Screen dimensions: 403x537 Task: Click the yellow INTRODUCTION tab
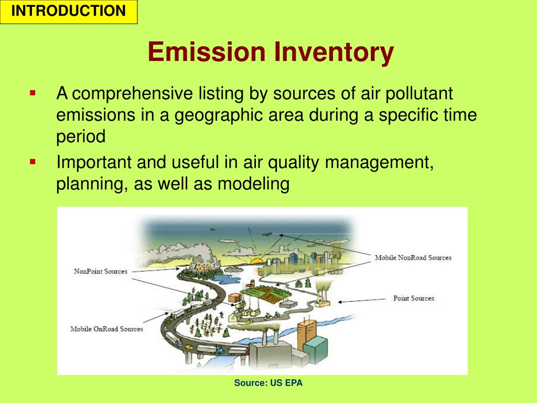pos(69,12)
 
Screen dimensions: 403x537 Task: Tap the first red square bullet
pos(33,93)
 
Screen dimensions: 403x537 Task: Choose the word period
pos(81,136)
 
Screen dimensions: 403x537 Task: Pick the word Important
pos(94,163)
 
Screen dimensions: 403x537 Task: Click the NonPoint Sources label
pos(100,271)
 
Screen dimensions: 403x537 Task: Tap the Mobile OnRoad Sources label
pos(106,329)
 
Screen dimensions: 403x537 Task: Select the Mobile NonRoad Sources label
pos(413,258)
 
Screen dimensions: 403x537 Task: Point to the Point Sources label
pos(414,298)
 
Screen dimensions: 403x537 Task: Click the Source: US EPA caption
pos(268,383)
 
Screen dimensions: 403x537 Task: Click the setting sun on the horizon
pos(256,261)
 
